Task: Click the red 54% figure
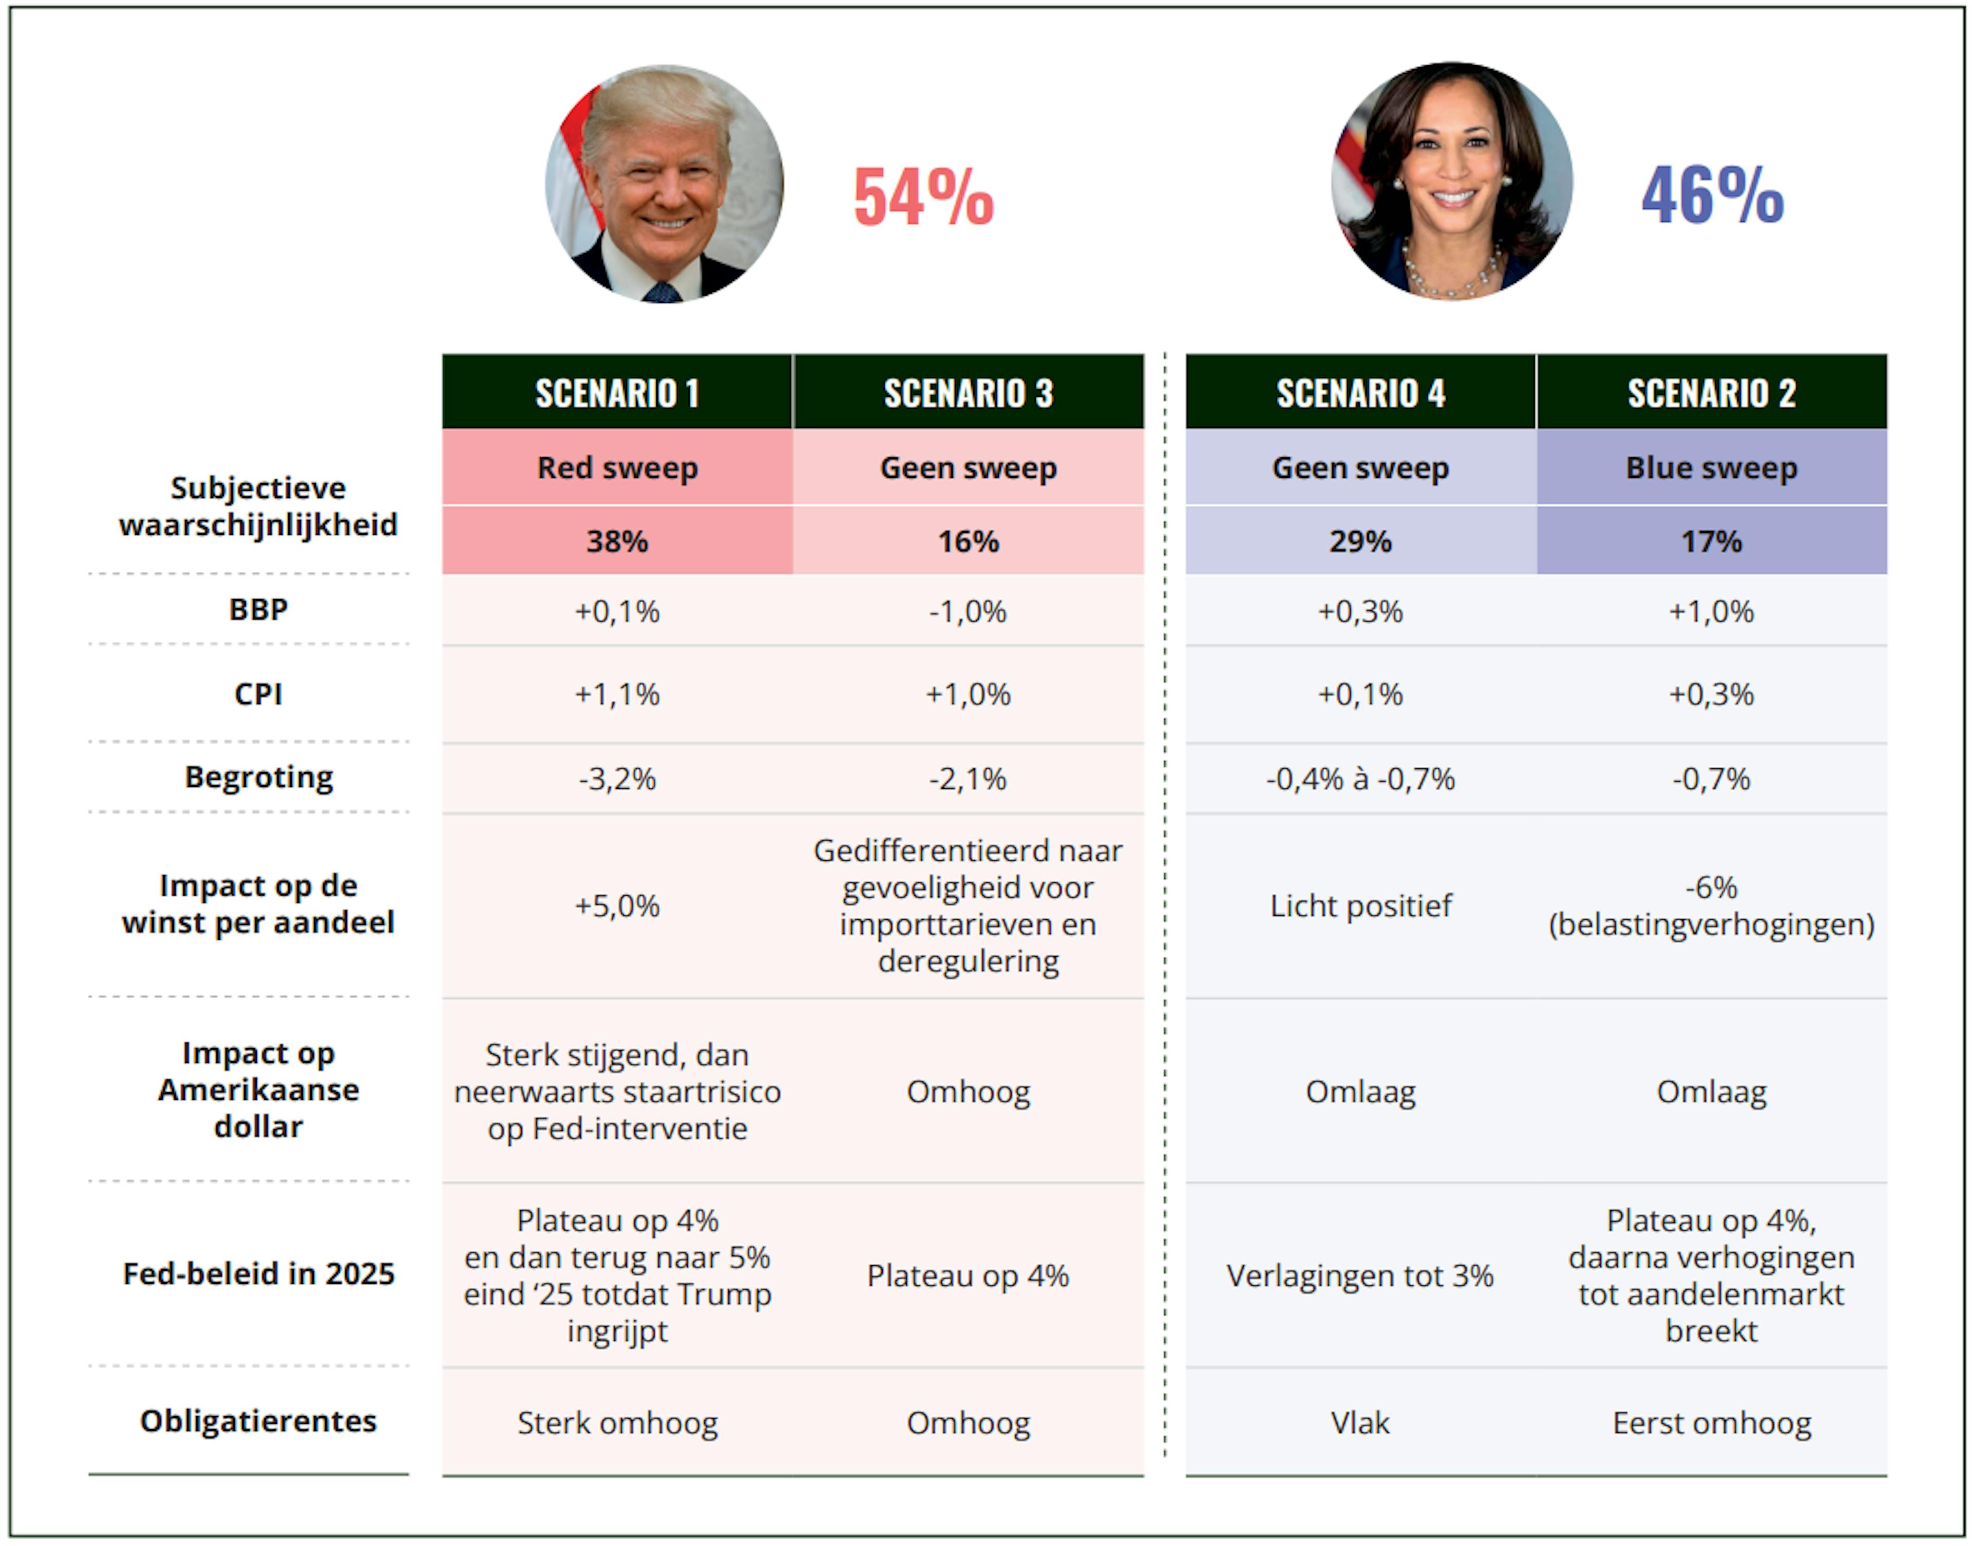923,197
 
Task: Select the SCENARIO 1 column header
617,393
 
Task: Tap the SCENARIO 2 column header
1711,393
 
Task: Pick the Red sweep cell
617,468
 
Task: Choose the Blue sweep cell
1711,468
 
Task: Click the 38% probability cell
617,542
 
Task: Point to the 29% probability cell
1360,542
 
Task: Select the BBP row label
258,609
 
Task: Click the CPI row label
258,694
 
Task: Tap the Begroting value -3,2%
617,779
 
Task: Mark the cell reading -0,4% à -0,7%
1360,779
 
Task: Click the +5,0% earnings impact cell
617,905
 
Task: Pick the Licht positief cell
1360,905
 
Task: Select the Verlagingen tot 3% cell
1360,1276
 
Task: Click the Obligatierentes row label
258,1421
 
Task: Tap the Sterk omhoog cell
617,1423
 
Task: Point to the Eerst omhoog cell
1711,1423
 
